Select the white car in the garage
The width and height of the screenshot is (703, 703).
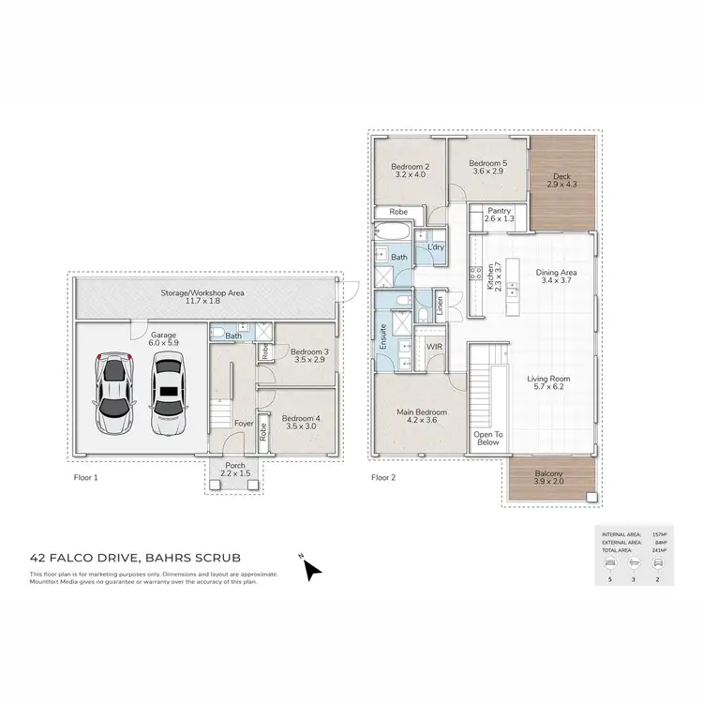point(168,394)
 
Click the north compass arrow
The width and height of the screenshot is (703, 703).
point(311,568)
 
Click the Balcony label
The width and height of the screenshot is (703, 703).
point(549,478)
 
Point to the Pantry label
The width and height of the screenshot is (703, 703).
point(500,216)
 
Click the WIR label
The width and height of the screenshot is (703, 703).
point(434,347)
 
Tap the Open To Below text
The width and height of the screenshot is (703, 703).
point(488,439)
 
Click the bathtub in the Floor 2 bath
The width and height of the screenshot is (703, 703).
point(388,232)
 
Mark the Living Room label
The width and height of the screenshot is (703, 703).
point(551,383)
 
